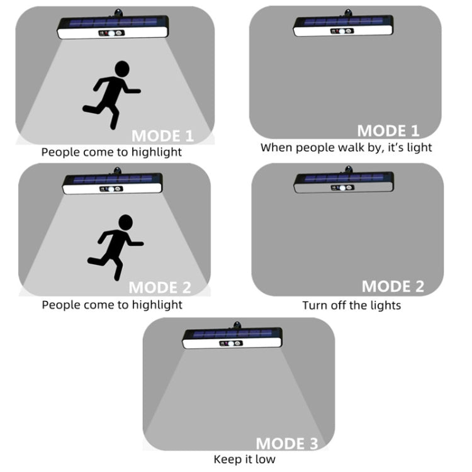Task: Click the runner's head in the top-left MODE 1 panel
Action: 122,69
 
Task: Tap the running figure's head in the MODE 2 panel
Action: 125,222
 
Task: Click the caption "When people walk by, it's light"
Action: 346,147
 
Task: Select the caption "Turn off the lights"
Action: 352,305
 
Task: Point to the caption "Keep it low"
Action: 244,459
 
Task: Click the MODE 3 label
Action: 287,444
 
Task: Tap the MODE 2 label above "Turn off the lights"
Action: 393,286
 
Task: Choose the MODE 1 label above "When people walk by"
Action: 388,131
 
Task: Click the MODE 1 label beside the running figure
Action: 162,136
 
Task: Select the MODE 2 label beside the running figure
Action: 160,288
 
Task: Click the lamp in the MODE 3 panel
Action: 232,335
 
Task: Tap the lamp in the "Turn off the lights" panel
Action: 344,180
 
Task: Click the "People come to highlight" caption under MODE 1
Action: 111,152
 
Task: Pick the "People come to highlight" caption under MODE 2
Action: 112,305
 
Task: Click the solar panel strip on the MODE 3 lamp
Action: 232,334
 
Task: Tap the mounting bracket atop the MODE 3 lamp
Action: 237,325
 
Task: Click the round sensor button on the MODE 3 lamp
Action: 230,343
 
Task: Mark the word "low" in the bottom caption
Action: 265,459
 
